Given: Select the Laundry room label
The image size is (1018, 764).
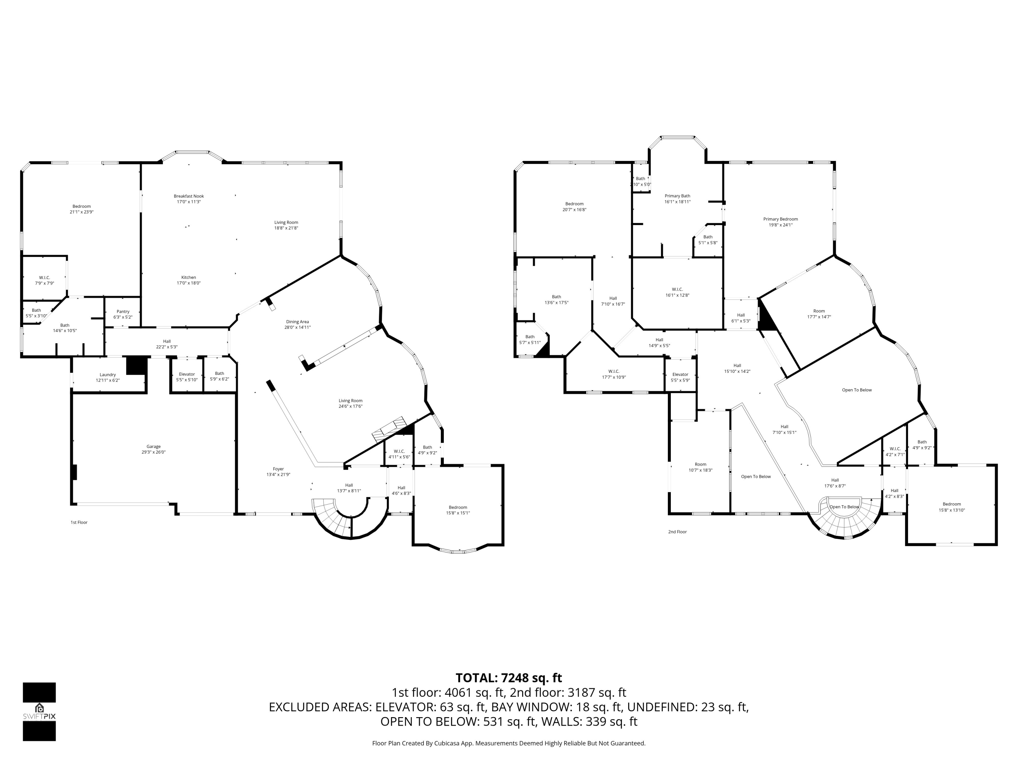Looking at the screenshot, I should [x=108, y=375].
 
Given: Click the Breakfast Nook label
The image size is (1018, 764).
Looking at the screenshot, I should [x=189, y=196].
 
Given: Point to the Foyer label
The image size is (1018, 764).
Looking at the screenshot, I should [x=278, y=469].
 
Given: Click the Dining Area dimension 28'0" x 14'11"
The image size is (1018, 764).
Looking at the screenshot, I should [x=297, y=327].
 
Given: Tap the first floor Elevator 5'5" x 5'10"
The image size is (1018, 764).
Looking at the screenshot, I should [x=187, y=377].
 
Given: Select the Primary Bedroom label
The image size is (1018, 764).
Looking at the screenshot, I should [x=780, y=219].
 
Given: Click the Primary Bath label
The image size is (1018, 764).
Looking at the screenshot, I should [x=677, y=196].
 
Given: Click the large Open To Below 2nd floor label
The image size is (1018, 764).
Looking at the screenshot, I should [x=856, y=390].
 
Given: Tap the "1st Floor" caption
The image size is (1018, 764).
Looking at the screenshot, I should [x=79, y=522].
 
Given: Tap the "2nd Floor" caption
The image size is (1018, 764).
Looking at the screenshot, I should [x=677, y=532].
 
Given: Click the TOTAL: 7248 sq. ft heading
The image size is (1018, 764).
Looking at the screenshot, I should [x=509, y=678].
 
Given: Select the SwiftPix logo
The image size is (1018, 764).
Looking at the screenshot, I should [x=40, y=711].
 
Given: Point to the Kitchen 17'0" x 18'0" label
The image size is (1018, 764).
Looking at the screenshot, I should [x=189, y=280].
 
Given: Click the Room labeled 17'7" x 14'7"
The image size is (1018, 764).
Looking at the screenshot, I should [x=819, y=314].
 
